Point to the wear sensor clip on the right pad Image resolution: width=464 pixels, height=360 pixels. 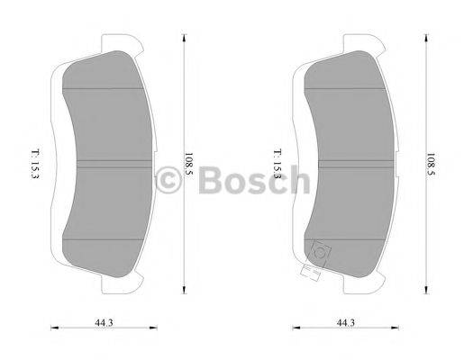[x=317, y=255]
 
